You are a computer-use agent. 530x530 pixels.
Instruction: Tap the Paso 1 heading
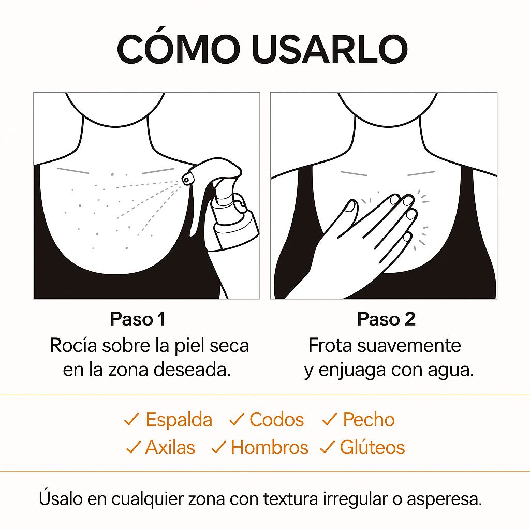[137, 319]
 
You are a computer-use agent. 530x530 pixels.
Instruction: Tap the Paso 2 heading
[386, 319]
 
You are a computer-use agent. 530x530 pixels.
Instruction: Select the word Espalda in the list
[179, 420]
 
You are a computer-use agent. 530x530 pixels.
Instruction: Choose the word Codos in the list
[276, 420]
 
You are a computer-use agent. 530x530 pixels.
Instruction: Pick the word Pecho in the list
[369, 420]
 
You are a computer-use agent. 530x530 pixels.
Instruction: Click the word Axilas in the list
[170, 447]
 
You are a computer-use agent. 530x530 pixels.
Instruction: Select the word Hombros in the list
[269, 447]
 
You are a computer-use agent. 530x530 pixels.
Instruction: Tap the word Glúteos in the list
[372, 447]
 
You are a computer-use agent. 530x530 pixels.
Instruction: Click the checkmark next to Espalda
[131, 420]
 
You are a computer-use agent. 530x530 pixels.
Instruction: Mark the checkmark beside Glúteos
[327, 447]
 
